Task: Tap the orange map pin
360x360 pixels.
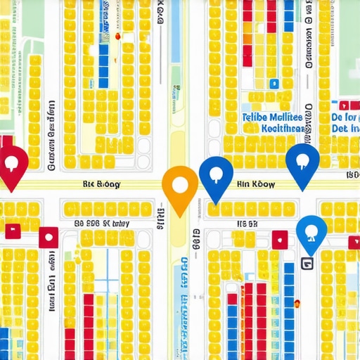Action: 180,186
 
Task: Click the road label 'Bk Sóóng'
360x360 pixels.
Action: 102,184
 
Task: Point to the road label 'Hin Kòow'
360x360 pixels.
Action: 256,184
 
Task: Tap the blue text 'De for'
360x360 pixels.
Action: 345,117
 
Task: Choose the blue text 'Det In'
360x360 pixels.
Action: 345,130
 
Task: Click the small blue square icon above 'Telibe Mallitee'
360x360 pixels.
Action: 274,83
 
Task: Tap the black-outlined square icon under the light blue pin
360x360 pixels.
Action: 306,263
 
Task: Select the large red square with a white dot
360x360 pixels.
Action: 48,237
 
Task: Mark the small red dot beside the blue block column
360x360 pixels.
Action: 118,35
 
